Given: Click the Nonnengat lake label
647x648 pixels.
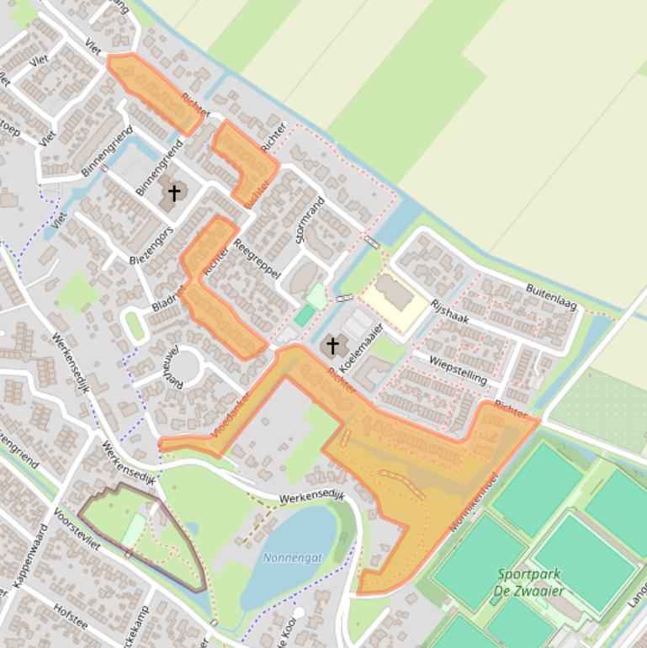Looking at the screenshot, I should point(292,557).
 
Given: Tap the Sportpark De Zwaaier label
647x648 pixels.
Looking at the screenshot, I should point(528,582).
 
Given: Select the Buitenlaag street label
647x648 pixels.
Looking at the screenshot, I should point(552,297).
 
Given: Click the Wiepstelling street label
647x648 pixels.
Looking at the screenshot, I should point(458,370).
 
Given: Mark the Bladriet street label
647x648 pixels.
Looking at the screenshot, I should point(168,295).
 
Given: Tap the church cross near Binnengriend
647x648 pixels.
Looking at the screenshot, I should point(174,194).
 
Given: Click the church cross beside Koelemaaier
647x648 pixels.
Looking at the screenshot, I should point(332,345).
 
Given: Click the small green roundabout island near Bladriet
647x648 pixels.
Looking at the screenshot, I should point(135,325).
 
